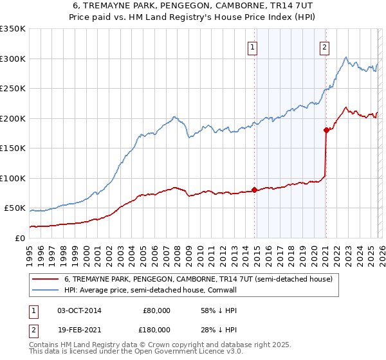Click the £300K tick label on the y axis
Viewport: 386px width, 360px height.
click(x=12, y=59)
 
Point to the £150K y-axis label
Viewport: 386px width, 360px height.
click(x=12, y=148)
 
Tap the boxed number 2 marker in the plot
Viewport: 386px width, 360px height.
click(x=324, y=46)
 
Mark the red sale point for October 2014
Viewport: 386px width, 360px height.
click(x=254, y=190)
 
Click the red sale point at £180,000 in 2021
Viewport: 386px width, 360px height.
click(x=326, y=130)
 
